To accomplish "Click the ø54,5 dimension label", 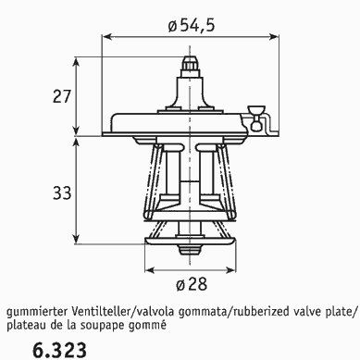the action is [191, 25].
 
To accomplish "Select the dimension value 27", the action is [62, 96].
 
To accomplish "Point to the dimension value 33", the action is [62, 193].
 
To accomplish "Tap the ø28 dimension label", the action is [192, 284].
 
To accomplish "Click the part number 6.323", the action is [59, 350].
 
